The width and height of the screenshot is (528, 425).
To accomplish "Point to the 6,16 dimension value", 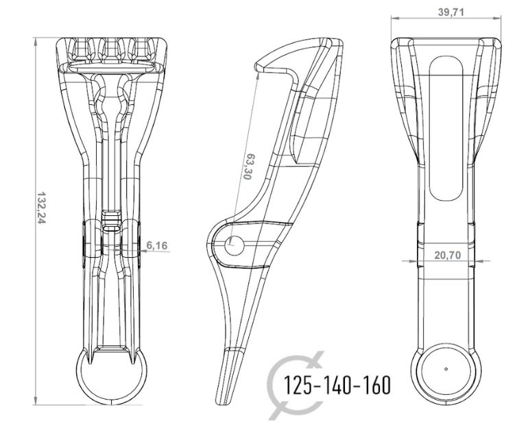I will click(157, 245).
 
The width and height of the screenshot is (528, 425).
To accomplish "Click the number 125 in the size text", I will click(299, 385).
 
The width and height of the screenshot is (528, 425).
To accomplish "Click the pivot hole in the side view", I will click(232, 243).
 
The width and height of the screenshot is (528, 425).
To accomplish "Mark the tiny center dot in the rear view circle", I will click(446, 369).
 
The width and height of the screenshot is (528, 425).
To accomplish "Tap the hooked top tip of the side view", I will click(259, 66).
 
